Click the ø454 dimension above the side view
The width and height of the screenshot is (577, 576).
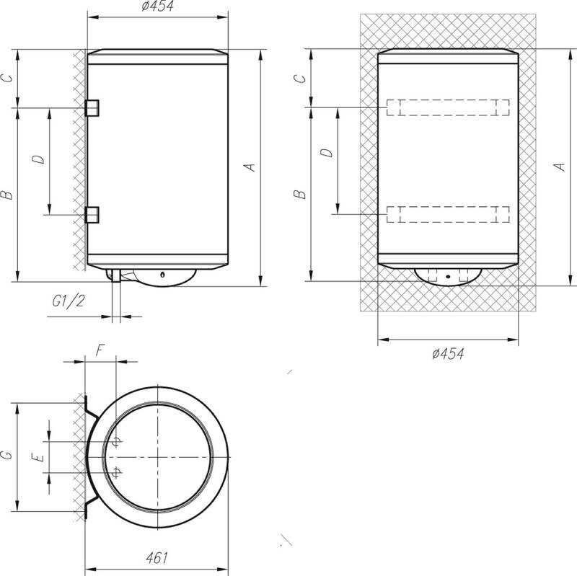(157, 6)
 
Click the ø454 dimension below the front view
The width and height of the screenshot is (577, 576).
(448, 354)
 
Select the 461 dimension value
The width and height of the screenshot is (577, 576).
(157, 557)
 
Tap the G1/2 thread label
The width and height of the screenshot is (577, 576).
(69, 301)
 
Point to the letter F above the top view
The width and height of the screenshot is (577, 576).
(100, 350)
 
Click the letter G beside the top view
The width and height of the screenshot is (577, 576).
(7, 456)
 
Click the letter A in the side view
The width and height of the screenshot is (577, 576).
(250, 167)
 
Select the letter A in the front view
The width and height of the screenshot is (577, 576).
(560, 167)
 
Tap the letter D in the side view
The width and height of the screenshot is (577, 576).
(38, 159)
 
